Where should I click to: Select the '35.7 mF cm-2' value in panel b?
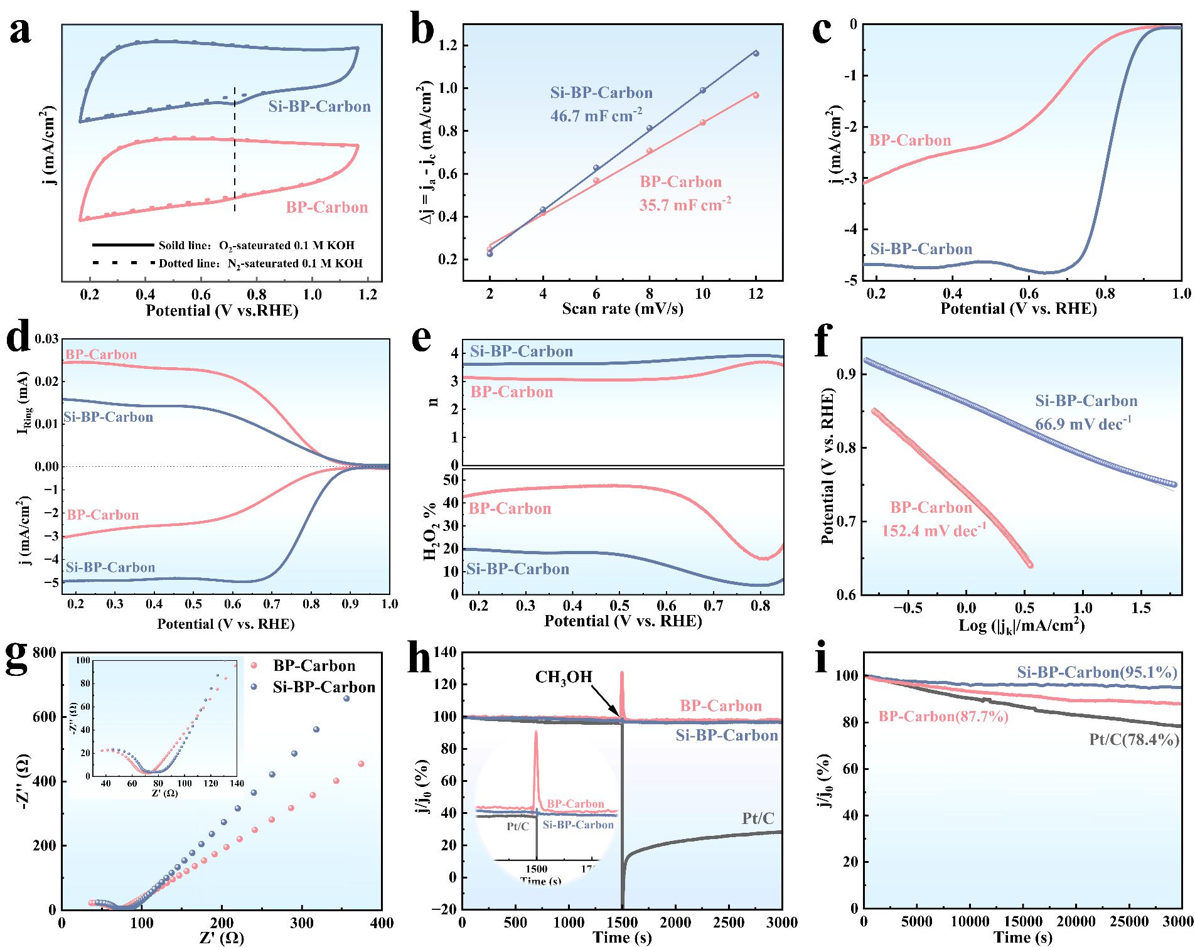686,203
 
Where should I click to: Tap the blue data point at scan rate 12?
756,53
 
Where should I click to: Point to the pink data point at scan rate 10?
703,122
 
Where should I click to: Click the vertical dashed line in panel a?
235,151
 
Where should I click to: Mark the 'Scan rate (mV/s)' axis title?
622,308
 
